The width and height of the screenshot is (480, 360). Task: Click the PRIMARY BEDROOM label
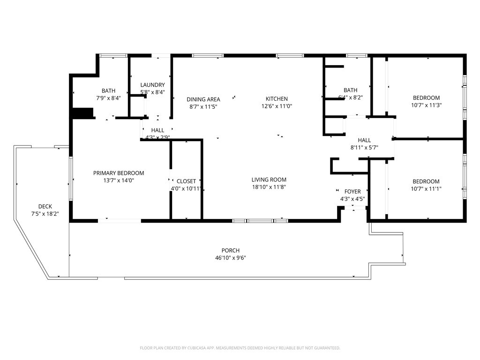(118, 173)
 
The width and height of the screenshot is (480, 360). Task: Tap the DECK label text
(45, 206)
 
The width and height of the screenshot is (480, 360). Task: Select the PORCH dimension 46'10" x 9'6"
(231, 258)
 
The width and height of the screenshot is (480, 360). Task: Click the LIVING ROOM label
(269, 180)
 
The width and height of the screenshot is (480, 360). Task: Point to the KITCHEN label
(277, 99)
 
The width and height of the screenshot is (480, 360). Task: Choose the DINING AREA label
(203, 99)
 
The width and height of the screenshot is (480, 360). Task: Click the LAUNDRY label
(152, 85)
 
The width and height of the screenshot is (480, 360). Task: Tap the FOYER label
(352, 192)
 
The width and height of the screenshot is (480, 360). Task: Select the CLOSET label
(186, 181)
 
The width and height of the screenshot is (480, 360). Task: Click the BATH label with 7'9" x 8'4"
(108, 91)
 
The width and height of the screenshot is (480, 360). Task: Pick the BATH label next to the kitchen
(350, 90)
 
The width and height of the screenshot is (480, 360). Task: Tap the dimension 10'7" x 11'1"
(426, 189)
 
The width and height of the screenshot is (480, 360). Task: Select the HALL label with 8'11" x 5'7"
(364, 140)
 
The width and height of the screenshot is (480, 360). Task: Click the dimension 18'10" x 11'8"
(269, 187)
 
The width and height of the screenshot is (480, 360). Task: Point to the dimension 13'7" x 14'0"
(118, 180)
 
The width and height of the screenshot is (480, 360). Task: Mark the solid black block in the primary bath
(83, 113)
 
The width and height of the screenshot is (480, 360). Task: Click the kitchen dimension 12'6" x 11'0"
(277, 106)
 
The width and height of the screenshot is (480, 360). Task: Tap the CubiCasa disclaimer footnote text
(240, 348)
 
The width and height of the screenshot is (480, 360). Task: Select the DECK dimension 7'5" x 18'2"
(45, 214)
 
